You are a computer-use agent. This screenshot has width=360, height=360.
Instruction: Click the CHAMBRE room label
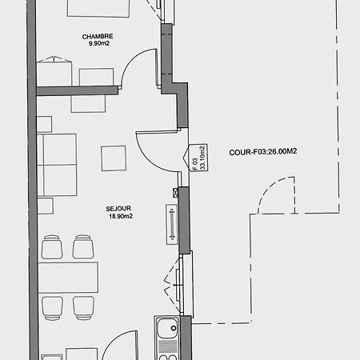(98, 36)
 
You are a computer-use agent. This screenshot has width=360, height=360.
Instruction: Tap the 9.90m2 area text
(99, 43)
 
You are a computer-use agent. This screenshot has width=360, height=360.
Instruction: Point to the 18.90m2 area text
(121, 216)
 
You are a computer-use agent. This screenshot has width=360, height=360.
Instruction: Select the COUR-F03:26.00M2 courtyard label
(263, 152)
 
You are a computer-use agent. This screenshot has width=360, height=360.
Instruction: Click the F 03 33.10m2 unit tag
(198, 158)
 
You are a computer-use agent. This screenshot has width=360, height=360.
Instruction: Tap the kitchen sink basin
(167, 328)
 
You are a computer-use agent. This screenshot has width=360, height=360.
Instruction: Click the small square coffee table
(114, 158)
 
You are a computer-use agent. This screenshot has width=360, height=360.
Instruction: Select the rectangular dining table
(68, 278)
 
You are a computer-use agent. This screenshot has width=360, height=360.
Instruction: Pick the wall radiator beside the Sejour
(172, 224)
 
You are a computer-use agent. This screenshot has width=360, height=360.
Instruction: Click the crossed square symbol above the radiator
(175, 192)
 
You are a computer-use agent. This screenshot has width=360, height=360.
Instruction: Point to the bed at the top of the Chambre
(98, 8)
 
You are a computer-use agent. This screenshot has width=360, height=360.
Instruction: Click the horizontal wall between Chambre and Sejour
(78, 90)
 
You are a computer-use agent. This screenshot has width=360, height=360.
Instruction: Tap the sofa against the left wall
(57, 165)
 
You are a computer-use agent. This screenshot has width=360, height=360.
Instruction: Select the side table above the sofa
(44, 124)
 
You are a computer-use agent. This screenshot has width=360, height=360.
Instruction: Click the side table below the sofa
(46, 206)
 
